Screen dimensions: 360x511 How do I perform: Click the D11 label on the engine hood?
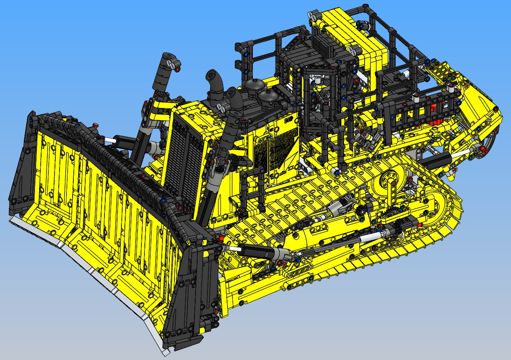[x=289, y=120]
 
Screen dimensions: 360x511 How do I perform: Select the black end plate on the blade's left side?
[x=23, y=169]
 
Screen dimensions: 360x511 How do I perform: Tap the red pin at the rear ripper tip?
[x=456, y=169]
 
